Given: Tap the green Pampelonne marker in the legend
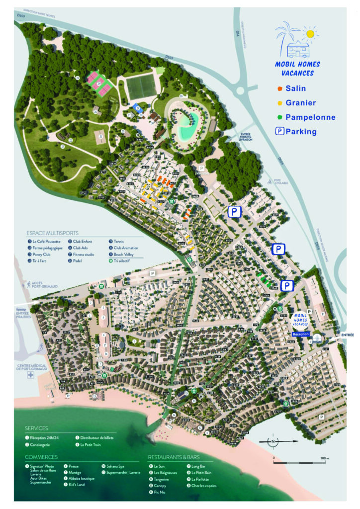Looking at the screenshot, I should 281,118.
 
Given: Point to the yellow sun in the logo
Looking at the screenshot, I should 311,34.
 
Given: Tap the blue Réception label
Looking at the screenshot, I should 301,335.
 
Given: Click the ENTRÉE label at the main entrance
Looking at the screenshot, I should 348,336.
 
